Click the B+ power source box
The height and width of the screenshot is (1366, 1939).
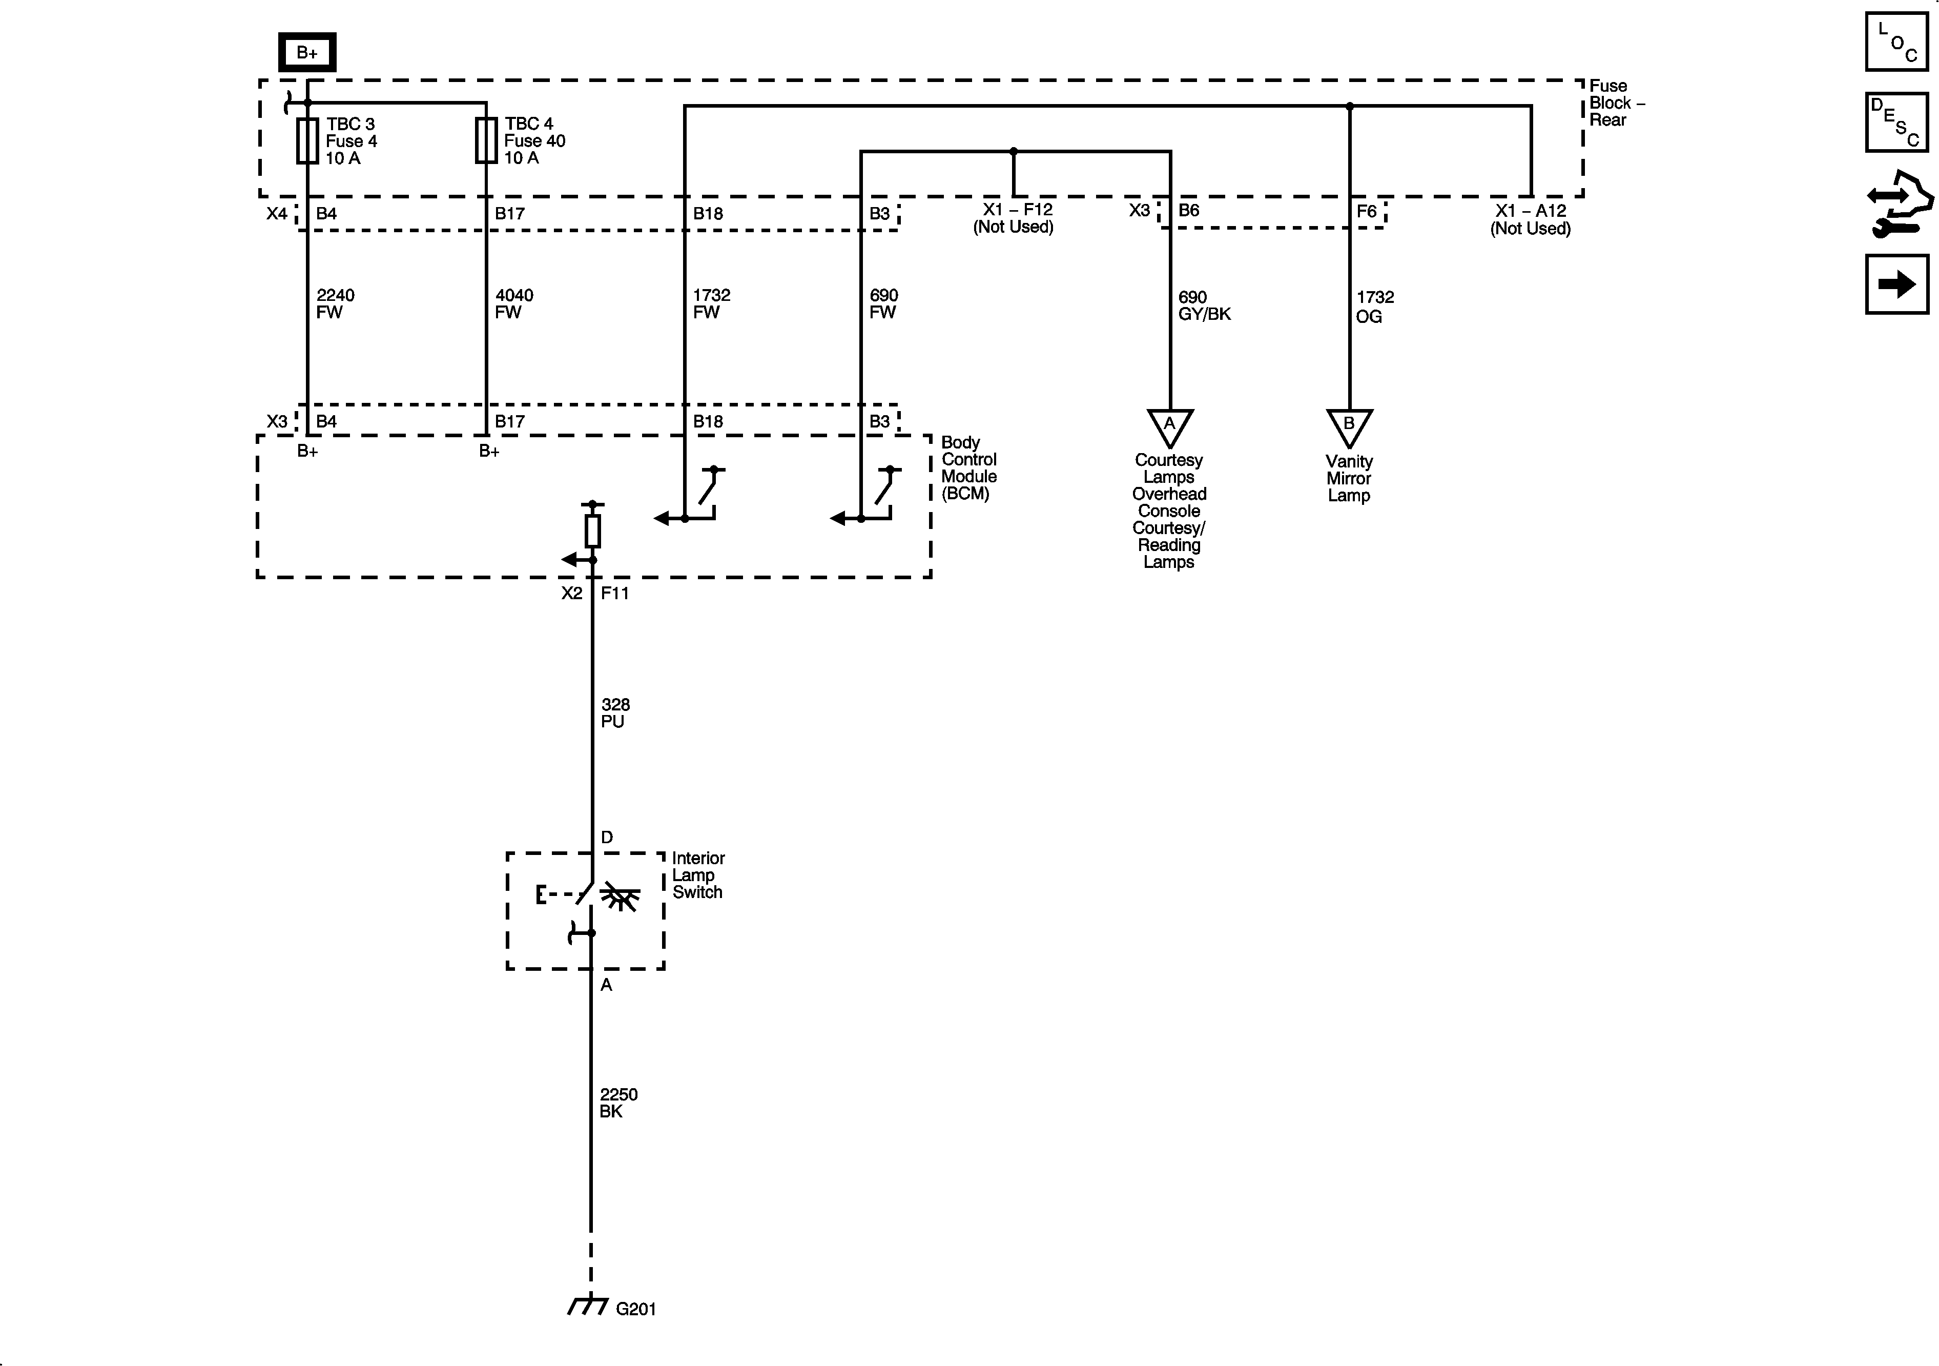307,52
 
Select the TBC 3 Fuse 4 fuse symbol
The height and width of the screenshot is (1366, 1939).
307,140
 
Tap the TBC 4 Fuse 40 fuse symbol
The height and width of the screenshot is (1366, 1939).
486,140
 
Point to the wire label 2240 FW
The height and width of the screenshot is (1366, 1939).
335,304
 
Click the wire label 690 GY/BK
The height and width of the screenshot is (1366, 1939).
1204,306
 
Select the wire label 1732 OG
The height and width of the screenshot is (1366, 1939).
1374,307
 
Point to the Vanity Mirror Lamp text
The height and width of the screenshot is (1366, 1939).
1349,478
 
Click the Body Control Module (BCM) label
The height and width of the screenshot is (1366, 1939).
968,468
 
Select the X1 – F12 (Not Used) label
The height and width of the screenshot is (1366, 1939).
1014,218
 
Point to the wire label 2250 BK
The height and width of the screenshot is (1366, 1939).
617,1103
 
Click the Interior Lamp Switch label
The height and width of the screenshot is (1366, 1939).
697,875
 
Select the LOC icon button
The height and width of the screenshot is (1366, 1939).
1896,42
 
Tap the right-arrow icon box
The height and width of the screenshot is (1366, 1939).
1896,284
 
